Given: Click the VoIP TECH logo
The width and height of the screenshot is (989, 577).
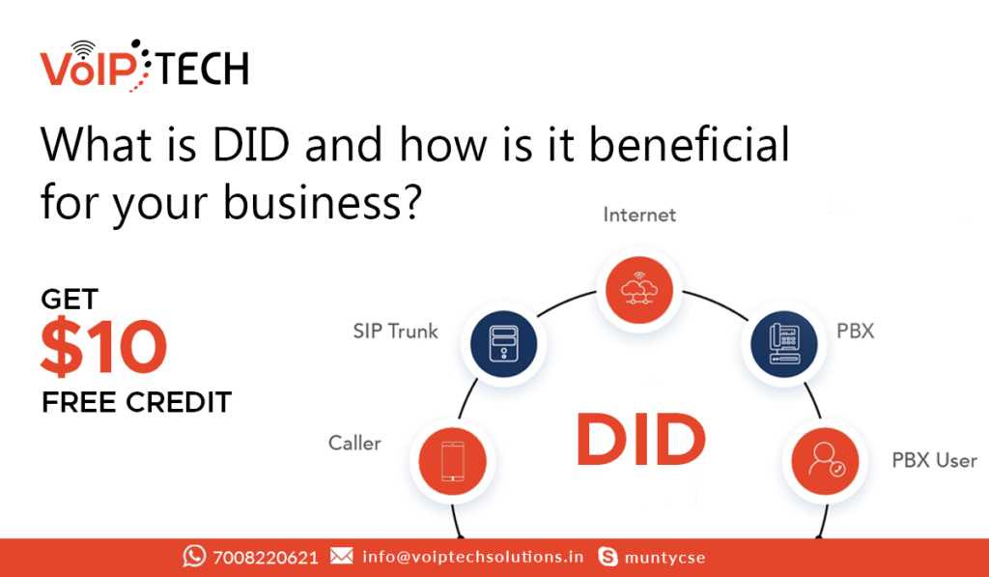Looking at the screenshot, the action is [x=145, y=66].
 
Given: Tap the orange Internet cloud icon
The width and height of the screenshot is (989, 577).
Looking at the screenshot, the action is [x=639, y=290].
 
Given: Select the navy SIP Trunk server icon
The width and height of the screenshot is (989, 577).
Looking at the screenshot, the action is [x=503, y=344].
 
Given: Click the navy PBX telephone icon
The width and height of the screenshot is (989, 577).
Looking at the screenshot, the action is [x=784, y=344].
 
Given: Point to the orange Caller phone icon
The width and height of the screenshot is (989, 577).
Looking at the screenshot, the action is [x=452, y=461].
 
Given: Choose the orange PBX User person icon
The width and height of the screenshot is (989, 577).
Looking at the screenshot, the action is [x=825, y=461].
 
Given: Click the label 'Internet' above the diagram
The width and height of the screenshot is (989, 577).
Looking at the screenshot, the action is [x=639, y=216].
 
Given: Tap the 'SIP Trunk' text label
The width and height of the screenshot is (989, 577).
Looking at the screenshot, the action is [x=395, y=331].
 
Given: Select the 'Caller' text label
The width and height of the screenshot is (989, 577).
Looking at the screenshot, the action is [x=354, y=444].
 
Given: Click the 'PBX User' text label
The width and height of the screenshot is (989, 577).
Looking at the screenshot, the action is [x=934, y=460].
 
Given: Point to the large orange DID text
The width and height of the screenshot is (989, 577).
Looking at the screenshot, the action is [x=641, y=440].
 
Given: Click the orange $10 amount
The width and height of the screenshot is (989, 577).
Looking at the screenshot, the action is [x=103, y=347].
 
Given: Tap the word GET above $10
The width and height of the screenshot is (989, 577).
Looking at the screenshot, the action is [x=70, y=300].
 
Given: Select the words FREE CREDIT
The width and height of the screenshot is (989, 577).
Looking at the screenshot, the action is [x=137, y=402].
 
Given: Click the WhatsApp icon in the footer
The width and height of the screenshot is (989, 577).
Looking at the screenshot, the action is [x=194, y=556].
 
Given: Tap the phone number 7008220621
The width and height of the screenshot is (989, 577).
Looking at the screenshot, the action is [x=266, y=558].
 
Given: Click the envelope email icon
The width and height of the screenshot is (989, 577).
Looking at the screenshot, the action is [x=341, y=556].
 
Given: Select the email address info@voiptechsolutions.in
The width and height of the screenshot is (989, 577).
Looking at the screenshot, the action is [x=473, y=557].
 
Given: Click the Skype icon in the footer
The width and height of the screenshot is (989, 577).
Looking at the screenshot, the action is [x=608, y=557].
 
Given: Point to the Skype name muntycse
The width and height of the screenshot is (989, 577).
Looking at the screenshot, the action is [x=664, y=558].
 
